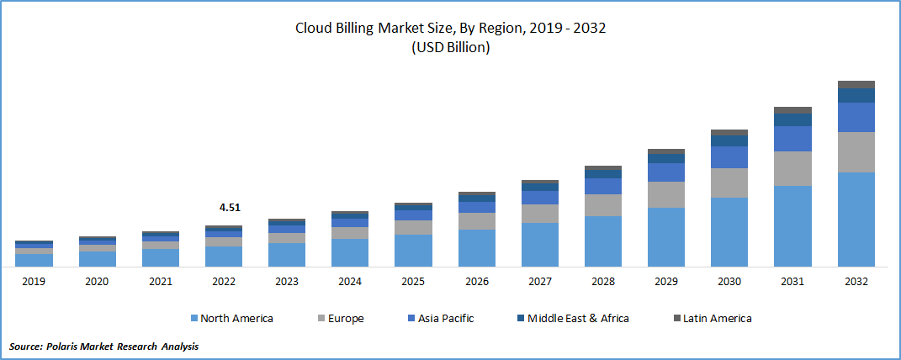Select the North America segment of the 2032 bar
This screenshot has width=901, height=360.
point(856,219)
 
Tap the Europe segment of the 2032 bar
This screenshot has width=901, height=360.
point(856,152)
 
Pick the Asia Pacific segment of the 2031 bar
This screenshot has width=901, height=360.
point(792,139)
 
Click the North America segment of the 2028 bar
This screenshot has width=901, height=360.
point(602,241)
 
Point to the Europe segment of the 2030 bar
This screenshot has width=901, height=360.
point(729,183)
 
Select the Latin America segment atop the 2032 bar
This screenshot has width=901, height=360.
point(856,84)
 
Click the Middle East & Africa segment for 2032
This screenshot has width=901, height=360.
point(856,95)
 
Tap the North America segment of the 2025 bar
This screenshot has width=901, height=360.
point(413,250)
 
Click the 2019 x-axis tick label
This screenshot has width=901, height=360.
point(34,283)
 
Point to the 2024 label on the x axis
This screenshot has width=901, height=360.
point(350,283)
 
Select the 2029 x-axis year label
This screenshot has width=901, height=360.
point(666,283)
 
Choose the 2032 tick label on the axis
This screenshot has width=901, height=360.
point(856,283)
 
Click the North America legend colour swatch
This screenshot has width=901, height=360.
point(194,319)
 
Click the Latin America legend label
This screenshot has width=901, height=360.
point(718,318)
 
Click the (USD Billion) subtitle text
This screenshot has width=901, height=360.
point(450,48)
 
